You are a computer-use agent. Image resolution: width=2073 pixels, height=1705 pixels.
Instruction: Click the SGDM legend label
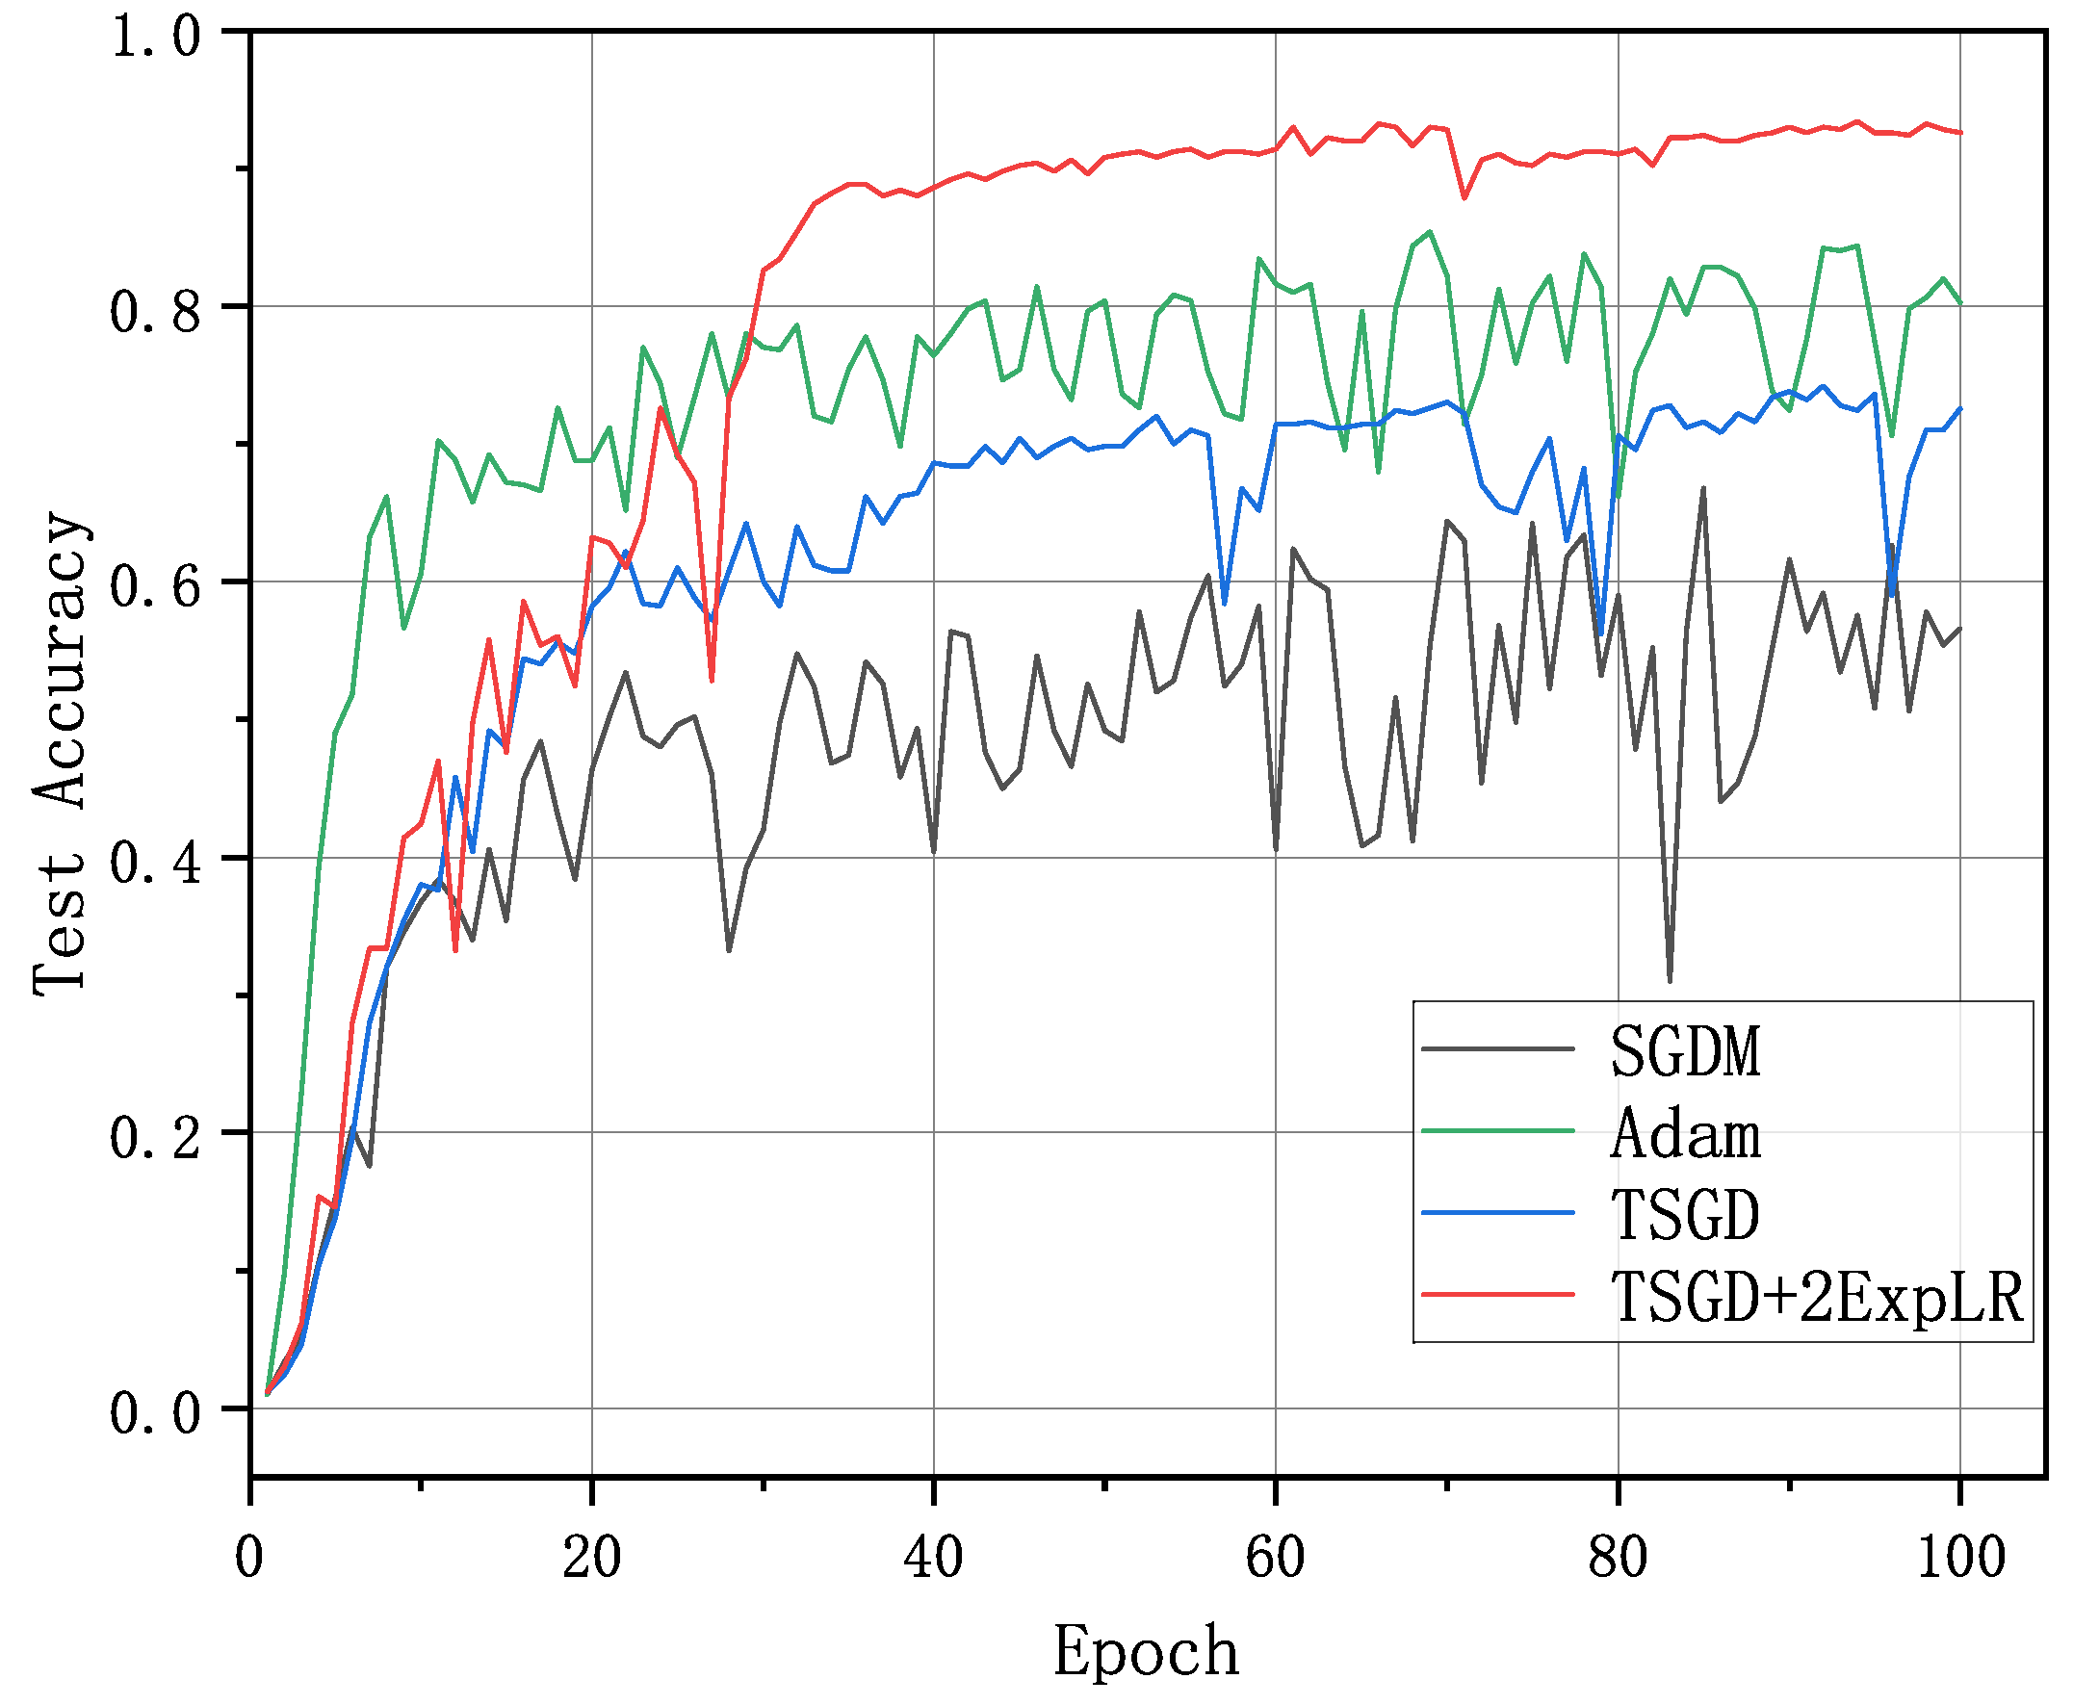pyautogui.click(x=1685, y=1052)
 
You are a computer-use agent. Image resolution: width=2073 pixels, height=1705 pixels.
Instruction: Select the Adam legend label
pyautogui.click(x=1685, y=1134)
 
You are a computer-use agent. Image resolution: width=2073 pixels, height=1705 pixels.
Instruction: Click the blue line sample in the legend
pyautogui.click(x=1498, y=1214)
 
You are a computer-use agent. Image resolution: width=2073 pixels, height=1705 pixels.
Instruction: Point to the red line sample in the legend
pyautogui.click(x=1498, y=1296)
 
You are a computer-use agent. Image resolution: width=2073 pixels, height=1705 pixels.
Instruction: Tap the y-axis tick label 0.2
pyautogui.click(x=155, y=1138)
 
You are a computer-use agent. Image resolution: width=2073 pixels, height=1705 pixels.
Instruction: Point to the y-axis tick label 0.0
pyautogui.click(x=155, y=1413)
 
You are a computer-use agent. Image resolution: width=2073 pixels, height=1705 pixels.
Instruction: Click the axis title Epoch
pyautogui.click(x=1145, y=1651)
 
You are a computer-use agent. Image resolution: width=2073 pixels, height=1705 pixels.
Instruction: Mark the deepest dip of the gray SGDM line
pyautogui.click(x=1670, y=980)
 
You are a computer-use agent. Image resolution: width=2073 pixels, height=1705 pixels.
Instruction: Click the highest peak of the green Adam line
pyautogui.click(x=1430, y=232)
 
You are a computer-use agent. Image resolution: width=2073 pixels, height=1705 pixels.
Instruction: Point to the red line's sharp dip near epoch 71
pyautogui.click(x=1464, y=198)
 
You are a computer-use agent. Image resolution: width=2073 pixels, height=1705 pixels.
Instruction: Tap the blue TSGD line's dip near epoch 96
pyautogui.click(x=1891, y=594)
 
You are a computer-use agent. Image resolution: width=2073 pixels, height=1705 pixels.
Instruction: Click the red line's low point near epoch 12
pyautogui.click(x=455, y=949)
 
